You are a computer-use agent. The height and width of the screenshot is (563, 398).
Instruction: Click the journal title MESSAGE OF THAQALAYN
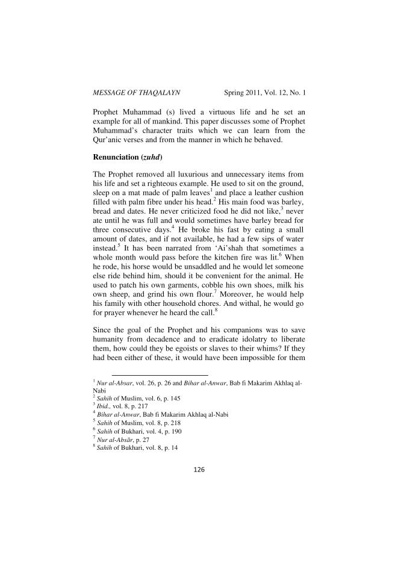[137, 93]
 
